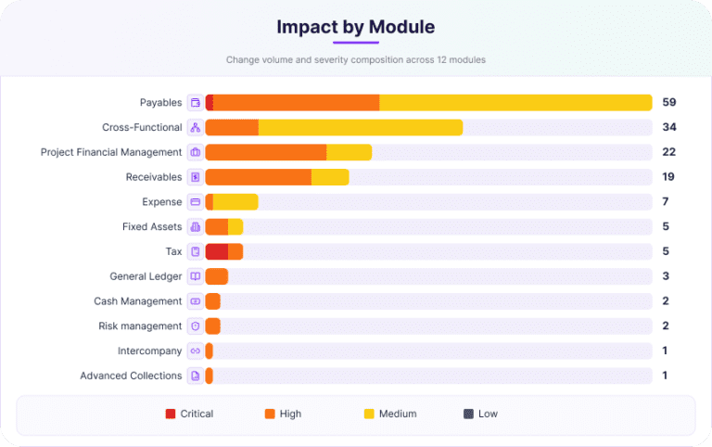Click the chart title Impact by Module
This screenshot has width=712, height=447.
[356, 27]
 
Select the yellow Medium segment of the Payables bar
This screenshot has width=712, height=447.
[515, 103]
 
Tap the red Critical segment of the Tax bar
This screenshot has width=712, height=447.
[217, 251]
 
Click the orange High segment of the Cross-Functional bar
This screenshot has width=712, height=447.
[232, 128]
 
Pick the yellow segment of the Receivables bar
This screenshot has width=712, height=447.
[330, 177]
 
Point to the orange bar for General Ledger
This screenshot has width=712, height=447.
[217, 276]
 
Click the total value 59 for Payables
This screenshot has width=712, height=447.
[668, 102]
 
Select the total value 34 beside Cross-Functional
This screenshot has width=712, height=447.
[668, 127]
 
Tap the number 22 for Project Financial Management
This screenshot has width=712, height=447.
[668, 152]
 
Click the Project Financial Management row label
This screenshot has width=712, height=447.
[111, 152]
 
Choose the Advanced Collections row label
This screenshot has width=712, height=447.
[131, 376]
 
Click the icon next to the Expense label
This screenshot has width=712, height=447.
[196, 201]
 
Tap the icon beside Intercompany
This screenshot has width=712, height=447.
[196, 351]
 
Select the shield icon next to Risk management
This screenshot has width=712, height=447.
[196, 326]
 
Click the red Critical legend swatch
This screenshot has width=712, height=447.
[171, 414]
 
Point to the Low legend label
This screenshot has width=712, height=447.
[488, 414]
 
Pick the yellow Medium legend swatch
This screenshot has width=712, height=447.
[369, 414]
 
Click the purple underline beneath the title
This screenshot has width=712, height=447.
[356, 43]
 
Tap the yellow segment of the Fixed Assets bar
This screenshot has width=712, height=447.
[235, 226]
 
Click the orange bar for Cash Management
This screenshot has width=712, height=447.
[213, 301]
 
